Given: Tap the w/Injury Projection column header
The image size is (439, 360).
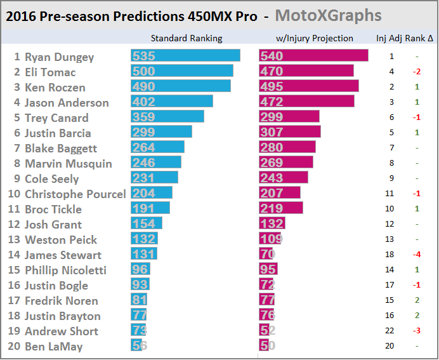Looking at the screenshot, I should tap(315, 38).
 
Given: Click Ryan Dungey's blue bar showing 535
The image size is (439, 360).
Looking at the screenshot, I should tap(185, 56).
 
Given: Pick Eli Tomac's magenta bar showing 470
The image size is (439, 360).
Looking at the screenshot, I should tap(307, 72).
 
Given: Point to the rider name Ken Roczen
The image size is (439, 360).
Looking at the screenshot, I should tap(55, 87).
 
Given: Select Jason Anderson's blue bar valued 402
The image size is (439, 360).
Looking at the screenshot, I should tap(171, 102).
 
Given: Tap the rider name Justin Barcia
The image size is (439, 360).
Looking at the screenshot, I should tap(58, 133).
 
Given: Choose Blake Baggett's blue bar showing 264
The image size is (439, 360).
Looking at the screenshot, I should tap(157, 148).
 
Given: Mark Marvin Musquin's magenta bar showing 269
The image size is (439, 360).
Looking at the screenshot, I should tap(286, 163).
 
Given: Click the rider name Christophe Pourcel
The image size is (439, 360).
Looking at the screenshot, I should tap(75, 194).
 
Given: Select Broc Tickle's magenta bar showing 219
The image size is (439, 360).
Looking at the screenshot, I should tap(280, 209).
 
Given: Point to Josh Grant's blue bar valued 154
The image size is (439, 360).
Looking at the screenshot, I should tap(147, 224).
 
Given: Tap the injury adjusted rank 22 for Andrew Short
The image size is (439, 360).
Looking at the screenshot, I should tap(392, 331).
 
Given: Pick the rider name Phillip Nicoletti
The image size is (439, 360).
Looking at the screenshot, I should tap(65, 270).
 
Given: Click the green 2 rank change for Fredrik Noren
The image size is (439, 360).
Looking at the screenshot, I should tap(416, 300).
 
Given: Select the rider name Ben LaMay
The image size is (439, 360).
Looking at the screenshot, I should tap(53, 346).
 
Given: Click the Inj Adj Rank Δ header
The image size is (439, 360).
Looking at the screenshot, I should tap(405, 38).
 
